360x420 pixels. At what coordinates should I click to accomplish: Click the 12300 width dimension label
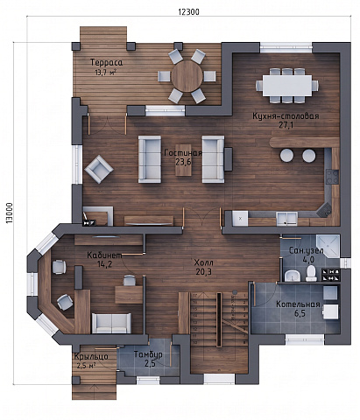(188, 11)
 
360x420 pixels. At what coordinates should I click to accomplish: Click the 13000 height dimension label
(10, 213)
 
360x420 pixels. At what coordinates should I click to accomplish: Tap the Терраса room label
(106, 62)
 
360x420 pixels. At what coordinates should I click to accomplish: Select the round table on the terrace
(187, 76)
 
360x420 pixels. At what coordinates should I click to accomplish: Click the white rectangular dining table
(287, 86)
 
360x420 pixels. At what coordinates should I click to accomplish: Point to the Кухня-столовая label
(286, 116)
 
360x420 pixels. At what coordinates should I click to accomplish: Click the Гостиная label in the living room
(183, 153)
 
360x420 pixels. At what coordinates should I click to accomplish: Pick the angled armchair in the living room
(99, 169)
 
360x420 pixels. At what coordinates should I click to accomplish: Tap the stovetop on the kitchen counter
(332, 177)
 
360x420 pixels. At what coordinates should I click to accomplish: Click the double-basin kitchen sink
(287, 219)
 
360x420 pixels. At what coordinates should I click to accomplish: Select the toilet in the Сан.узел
(311, 273)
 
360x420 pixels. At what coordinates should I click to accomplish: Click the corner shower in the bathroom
(328, 246)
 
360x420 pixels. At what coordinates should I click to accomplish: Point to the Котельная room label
(298, 304)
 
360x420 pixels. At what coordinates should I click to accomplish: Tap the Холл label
(204, 262)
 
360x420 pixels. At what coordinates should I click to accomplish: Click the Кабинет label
(104, 255)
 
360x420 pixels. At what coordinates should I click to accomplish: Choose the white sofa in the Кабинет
(111, 323)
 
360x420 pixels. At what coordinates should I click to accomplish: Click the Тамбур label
(148, 354)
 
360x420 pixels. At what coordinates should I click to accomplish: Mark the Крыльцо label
(91, 356)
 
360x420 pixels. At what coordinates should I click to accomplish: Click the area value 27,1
(286, 125)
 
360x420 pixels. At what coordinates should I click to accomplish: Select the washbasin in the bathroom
(293, 276)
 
